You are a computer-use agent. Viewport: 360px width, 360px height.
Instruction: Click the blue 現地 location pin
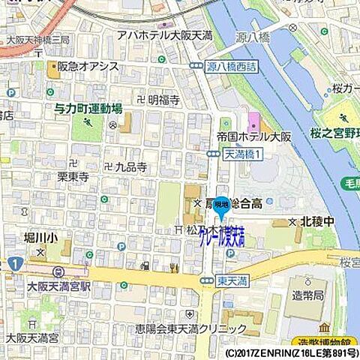pos(221,206)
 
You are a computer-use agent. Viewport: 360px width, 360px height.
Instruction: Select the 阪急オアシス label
pos(89,67)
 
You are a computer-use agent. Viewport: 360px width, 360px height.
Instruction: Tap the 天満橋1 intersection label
pos(243,154)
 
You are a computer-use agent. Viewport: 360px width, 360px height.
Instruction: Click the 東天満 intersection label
pos(233,279)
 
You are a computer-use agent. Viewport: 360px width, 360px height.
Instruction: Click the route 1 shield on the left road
pos(15,264)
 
